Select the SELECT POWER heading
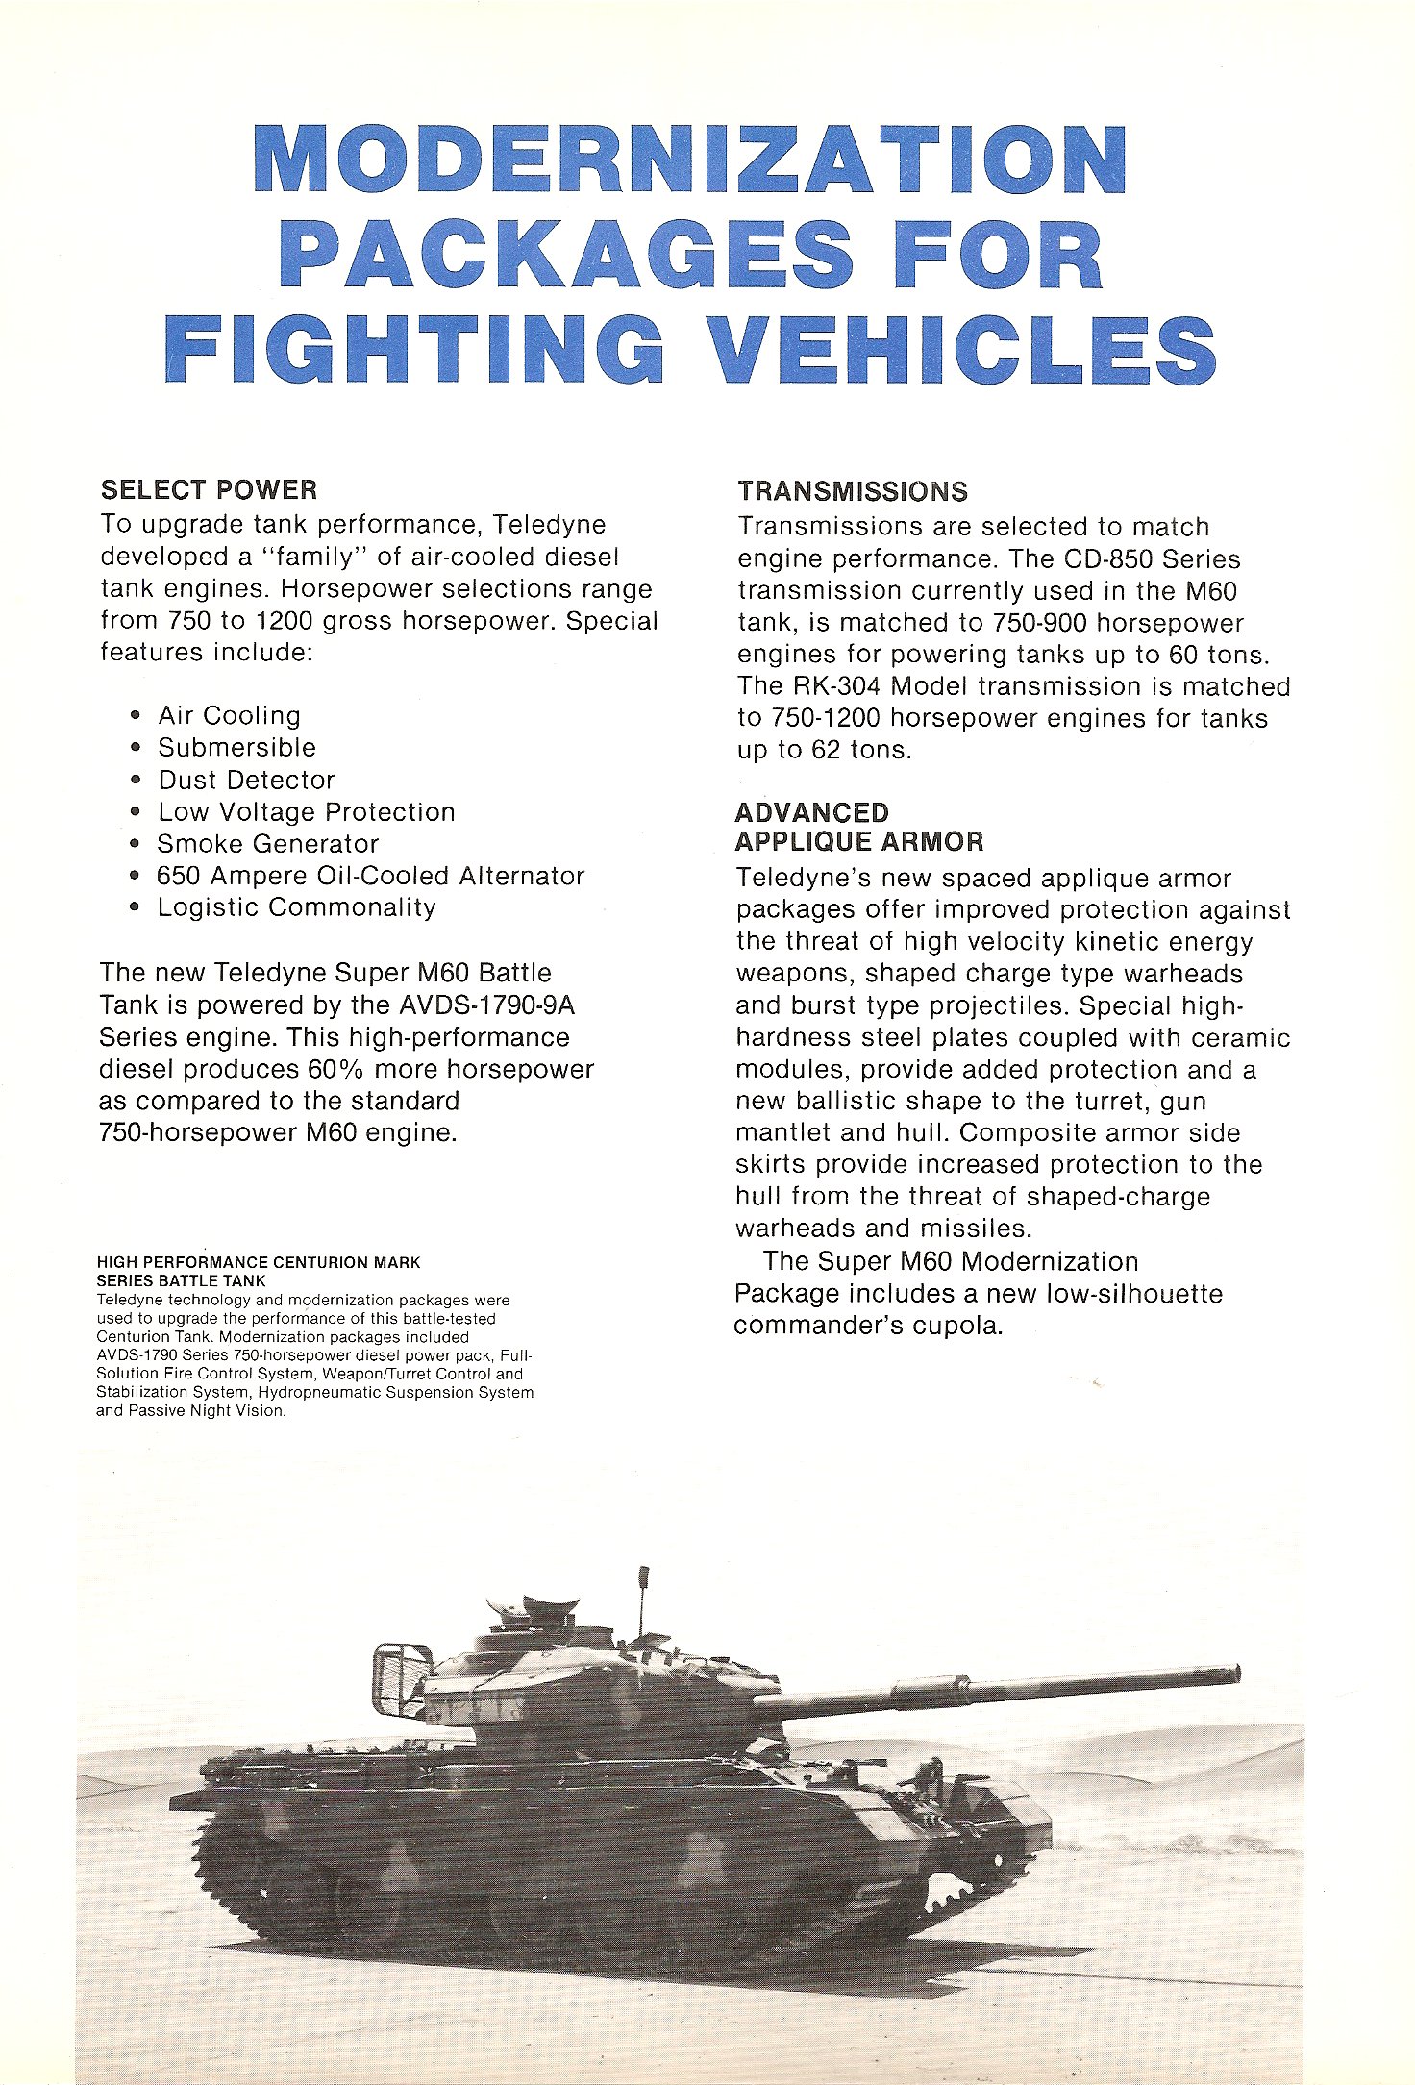tap(209, 490)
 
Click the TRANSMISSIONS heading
tap(853, 491)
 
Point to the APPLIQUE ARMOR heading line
tap(859, 842)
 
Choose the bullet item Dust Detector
tap(246, 780)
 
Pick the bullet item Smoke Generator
tap(268, 844)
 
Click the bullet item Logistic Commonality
tap(296, 907)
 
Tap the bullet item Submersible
tap(236, 748)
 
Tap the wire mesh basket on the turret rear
tap(398, 1678)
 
